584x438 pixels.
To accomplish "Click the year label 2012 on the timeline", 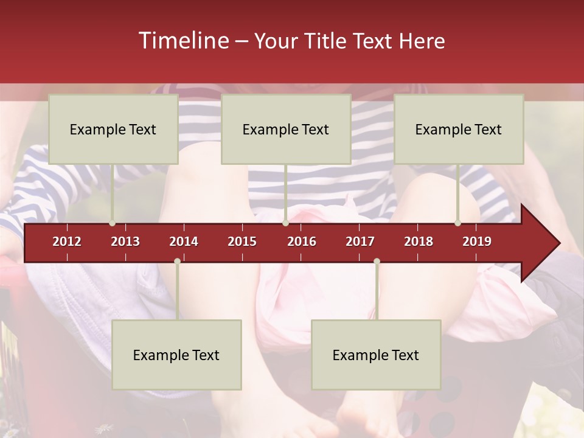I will click(x=67, y=242).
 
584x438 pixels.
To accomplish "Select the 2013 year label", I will click(x=125, y=242).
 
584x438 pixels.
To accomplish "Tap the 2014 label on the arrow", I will click(x=184, y=242).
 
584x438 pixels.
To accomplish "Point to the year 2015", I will click(x=242, y=242).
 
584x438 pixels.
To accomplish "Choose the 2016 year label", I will click(x=302, y=242).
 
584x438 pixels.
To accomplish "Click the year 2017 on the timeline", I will click(x=360, y=242).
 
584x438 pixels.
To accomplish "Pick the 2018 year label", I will click(x=419, y=242).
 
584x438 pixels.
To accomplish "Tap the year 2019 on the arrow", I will click(x=477, y=242).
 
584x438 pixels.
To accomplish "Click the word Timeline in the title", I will click(x=183, y=41).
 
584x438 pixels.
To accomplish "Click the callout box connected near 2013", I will click(x=113, y=129).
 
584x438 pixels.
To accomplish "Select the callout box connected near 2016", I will click(x=286, y=129).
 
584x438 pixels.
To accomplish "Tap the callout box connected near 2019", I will click(x=459, y=129).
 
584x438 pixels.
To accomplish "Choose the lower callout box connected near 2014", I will click(x=176, y=355).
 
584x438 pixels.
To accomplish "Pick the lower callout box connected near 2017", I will click(x=376, y=355).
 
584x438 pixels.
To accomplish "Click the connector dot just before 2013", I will click(x=113, y=223).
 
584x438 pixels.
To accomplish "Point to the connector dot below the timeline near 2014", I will click(x=177, y=262).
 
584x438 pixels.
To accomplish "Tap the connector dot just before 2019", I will click(x=458, y=223).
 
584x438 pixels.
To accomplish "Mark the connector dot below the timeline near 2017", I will click(x=377, y=262).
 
